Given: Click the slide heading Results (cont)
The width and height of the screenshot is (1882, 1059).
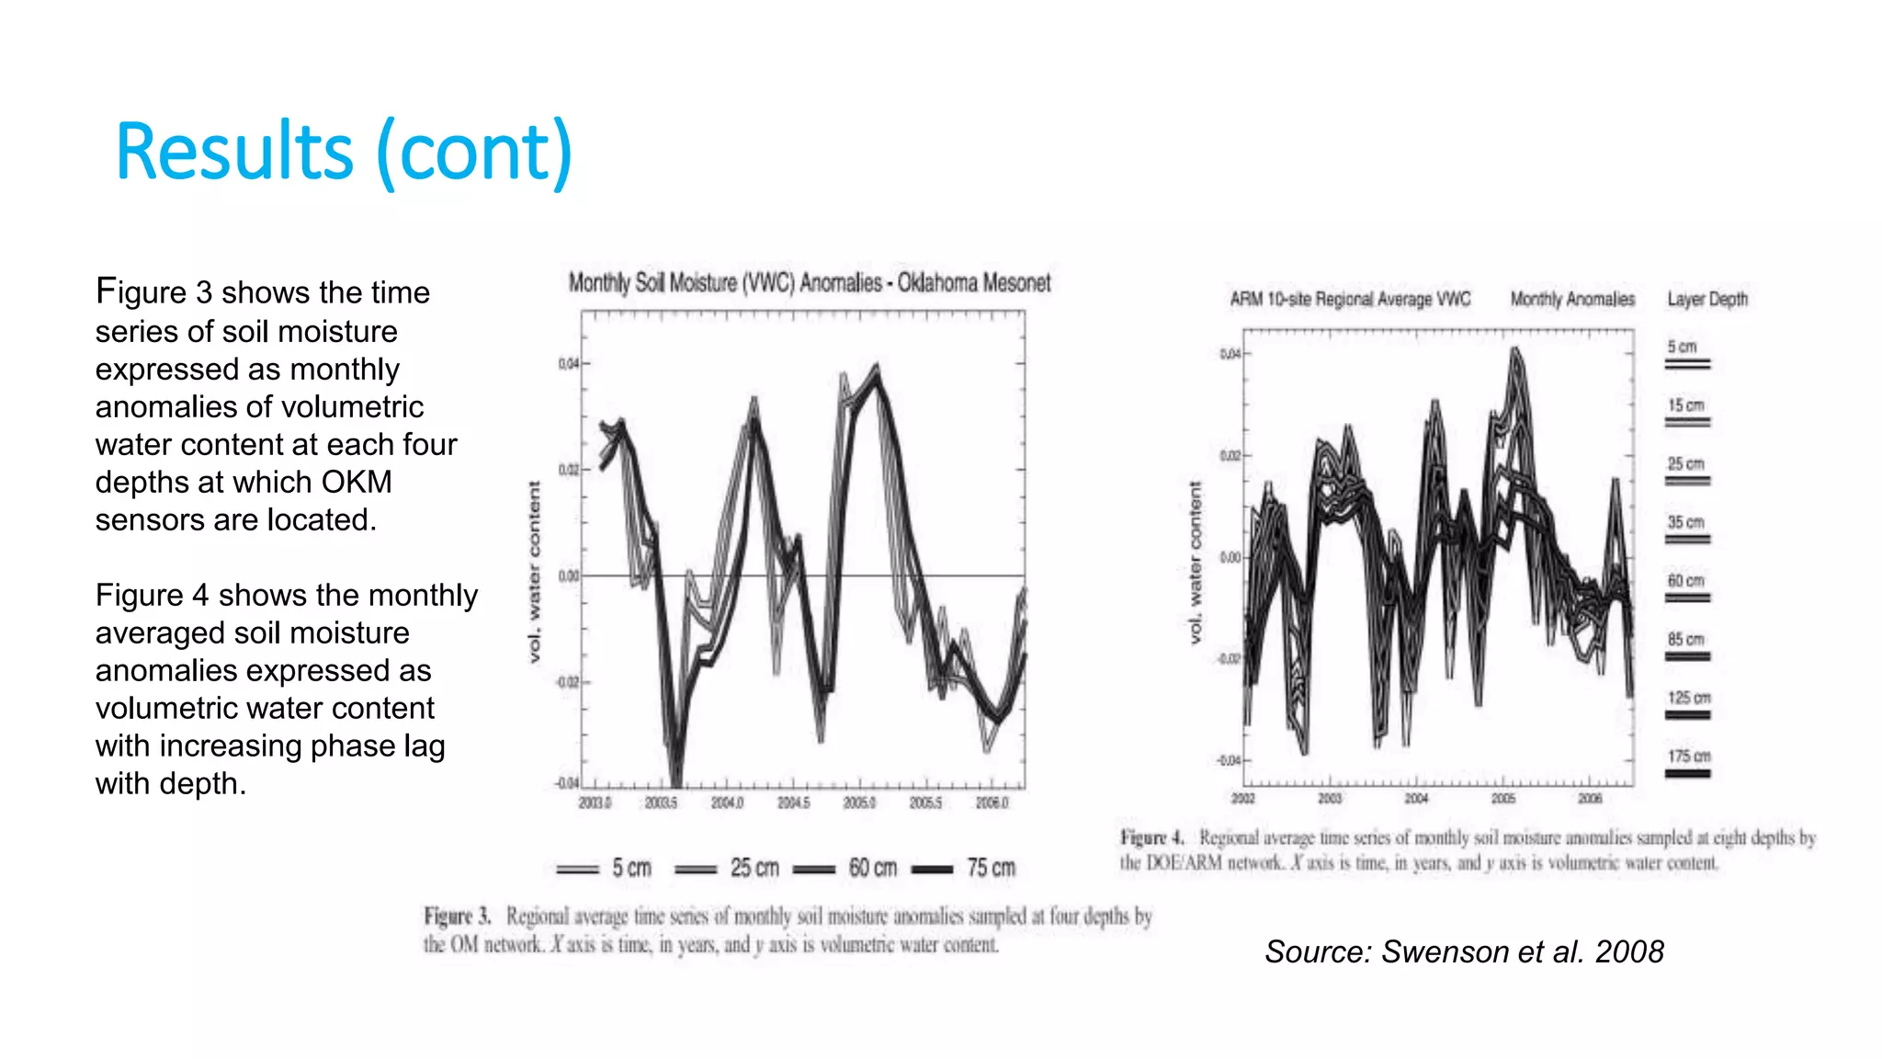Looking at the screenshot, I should pos(344,152).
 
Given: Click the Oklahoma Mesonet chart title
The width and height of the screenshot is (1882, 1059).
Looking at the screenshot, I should pos(809,282).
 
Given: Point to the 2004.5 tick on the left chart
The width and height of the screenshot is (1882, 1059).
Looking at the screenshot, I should pos(794,803).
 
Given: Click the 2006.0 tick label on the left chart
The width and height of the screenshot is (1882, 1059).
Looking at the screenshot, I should pos(992,803).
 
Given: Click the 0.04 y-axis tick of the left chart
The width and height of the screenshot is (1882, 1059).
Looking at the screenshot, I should pos(569,364).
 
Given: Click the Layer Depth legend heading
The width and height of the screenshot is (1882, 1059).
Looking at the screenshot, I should pos(1707,300).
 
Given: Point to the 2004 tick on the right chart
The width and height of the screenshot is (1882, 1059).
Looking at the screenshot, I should pos(1416,799).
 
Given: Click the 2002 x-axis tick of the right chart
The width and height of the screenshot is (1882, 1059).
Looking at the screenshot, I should pos(1242,799).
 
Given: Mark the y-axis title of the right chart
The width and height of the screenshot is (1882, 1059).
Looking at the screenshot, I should pos(1195,563).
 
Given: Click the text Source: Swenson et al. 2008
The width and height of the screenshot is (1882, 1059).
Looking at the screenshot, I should pos(1464,951).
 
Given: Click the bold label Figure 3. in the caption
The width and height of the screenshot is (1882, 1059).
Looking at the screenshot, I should pos(457,917).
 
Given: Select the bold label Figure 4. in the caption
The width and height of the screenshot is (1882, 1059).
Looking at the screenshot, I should pos(1151,837).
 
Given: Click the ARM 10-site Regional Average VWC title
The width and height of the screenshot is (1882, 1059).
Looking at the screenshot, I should pos(1350,300).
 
